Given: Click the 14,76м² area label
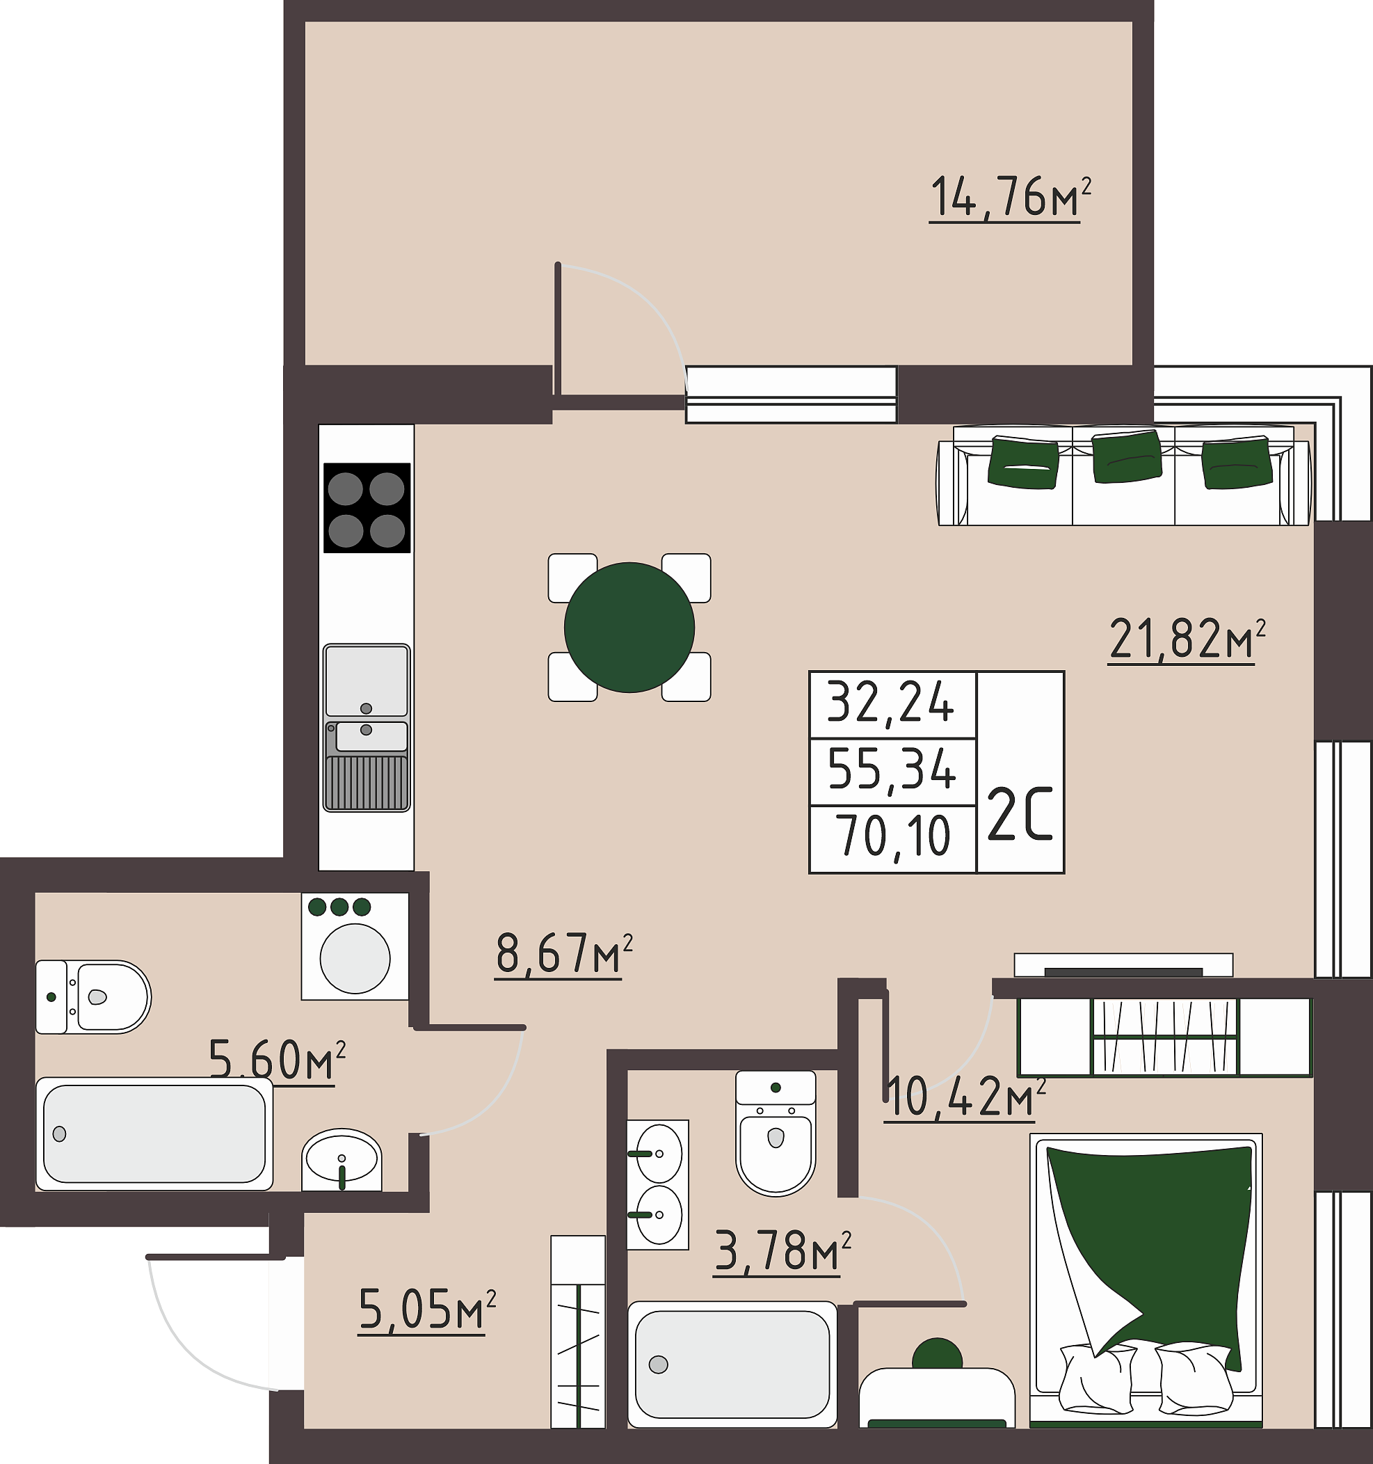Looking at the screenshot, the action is point(1010,198).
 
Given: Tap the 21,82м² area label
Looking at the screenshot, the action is point(1187,639).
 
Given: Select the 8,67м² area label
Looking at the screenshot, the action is point(564,955).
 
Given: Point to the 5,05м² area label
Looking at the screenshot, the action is point(427,1310).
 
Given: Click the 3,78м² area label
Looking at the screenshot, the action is point(783,1251).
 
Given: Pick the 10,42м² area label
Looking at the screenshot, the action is point(965,1097).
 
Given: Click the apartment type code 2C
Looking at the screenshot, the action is point(1020,813).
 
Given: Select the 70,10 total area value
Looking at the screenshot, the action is point(892,837).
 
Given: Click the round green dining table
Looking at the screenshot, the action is point(629,628).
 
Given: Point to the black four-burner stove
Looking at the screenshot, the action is point(367,507).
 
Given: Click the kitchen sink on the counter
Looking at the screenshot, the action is point(367,728).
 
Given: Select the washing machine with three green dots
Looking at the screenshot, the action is point(355,946).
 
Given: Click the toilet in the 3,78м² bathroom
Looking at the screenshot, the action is point(776,1133).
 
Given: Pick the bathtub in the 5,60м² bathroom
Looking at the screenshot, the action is point(154,1134).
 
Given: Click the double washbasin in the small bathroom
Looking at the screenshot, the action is point(658,1185).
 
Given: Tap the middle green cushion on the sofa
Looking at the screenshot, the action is point(1126,456).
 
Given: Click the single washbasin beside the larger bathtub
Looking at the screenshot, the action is point(342,1159).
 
